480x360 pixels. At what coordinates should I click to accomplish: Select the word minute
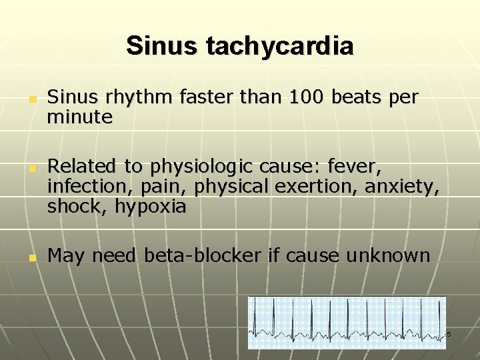pos(79,117)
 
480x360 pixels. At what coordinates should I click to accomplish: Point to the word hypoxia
pos(151,207)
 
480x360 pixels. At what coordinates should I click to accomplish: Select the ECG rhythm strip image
pos(347,322)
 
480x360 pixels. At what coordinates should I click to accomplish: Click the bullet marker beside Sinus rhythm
pos(31,99)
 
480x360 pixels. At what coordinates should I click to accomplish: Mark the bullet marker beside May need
pos(31,257)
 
